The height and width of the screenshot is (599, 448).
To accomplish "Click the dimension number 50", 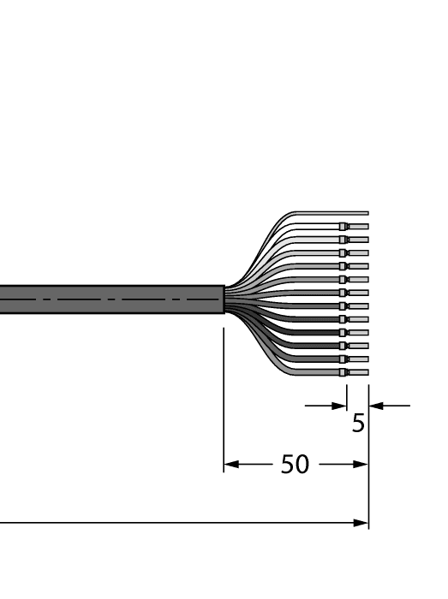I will click(296, 466).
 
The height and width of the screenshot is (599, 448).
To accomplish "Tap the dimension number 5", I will click(358, 423).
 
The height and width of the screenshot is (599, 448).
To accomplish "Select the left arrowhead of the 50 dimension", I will click(230, 466).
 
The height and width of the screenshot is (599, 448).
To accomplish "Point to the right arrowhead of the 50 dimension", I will click(362, 466).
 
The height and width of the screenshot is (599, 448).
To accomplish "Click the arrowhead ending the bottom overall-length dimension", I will click(362, 522).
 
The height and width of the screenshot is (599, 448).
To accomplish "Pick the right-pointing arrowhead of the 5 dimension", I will click(340, 406).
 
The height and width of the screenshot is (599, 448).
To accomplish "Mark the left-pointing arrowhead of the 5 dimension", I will click(375, 406).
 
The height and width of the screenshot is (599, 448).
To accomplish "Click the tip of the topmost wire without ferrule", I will click(367, 213).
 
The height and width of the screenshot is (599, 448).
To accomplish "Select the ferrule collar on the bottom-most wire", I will click(343, 372).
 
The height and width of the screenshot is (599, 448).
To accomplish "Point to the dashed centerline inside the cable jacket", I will click(111, 299).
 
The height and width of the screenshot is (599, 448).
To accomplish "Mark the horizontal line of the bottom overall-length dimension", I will click(171, 522).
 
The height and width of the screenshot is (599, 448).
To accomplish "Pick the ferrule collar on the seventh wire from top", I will click(343, 293).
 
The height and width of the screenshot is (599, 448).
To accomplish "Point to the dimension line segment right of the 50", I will click(338, 466).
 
